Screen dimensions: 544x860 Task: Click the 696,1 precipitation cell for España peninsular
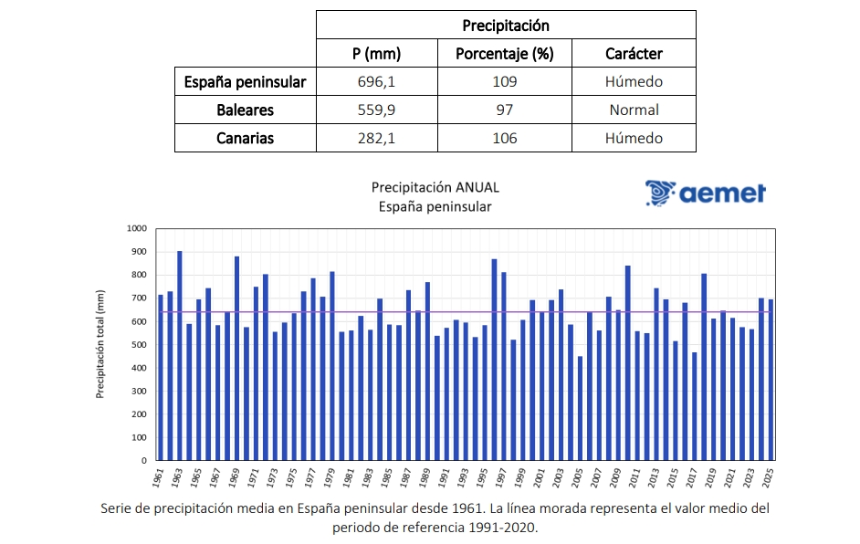click(x=377, y=81)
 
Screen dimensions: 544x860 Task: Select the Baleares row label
click(x=245, y=110)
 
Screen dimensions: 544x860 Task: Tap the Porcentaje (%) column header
click(x=505, y=53)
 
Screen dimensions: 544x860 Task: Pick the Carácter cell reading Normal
click(x=634, y=110)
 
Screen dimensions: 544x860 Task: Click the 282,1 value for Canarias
click(x=377, y=139)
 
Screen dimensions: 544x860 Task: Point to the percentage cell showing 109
click(x=505, y=81)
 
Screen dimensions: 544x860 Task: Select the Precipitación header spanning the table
click(x=506, y=26)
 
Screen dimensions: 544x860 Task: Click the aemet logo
click(x=705, y=193)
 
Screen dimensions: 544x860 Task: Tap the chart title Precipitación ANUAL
click(x=435, y=187)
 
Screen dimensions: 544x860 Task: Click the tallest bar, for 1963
click(x=180, y=356)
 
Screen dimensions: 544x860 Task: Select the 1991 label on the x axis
click(x=445, y=477)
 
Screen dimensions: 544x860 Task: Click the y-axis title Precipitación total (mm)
click(x=101, y=344)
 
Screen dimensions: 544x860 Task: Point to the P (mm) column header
click(x=377, y=53)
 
